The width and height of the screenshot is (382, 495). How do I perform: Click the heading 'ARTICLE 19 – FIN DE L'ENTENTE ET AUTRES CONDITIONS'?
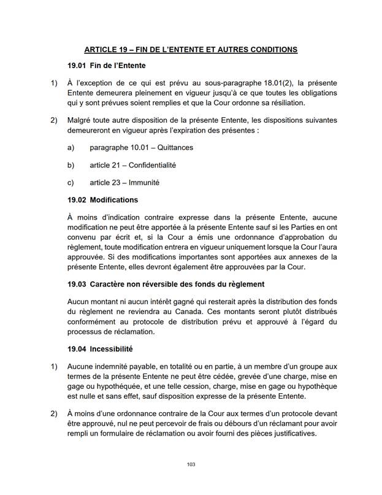(x=191, y=48)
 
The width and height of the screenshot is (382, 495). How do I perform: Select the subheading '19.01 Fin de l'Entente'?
(x=106, y=65)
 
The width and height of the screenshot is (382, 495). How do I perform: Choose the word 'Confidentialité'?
(x=152, y=165)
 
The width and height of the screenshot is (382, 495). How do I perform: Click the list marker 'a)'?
(x=71, y=148)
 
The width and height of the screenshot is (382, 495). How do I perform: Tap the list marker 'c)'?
(x=71, y=182)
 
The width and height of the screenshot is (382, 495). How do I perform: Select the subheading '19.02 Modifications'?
(x=102, y=200)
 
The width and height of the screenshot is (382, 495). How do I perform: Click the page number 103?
(x=191, y=465)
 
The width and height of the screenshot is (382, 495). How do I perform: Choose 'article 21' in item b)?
(x=105, y=165)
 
